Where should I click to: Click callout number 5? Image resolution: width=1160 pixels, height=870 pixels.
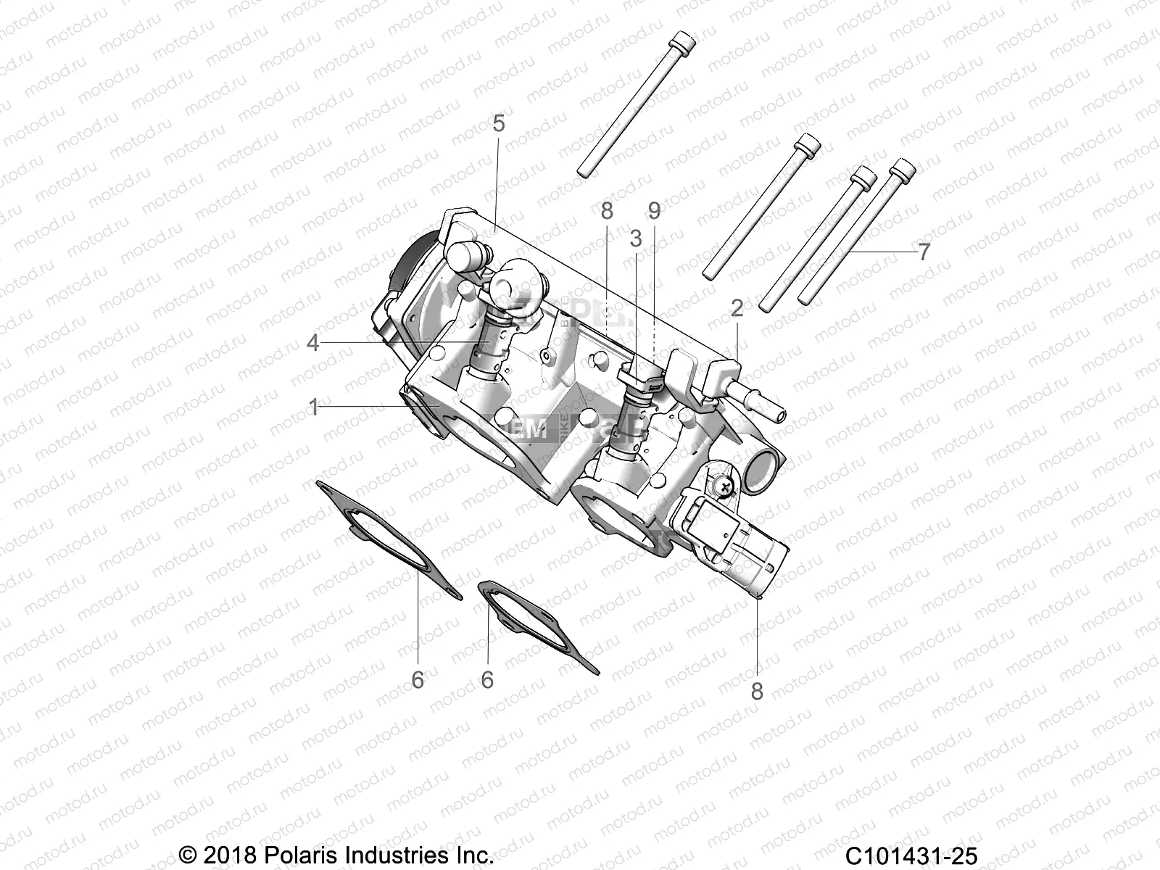(518, 124)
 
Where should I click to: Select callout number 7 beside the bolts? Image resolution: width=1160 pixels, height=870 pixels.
(924, 252)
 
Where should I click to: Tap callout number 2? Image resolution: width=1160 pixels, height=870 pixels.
(737, 309)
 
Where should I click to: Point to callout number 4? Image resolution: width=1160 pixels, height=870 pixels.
(312, 342)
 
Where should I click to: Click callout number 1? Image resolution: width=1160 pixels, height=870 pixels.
(313, 407)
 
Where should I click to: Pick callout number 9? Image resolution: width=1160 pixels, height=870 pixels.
(654, 211)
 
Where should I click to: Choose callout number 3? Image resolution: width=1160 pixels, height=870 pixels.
(636, 239)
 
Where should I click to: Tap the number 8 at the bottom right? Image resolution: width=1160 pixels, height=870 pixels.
(757, 691)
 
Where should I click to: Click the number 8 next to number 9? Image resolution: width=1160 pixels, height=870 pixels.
(607, 211)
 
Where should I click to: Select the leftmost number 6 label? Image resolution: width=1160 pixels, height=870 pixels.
(418, 680)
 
